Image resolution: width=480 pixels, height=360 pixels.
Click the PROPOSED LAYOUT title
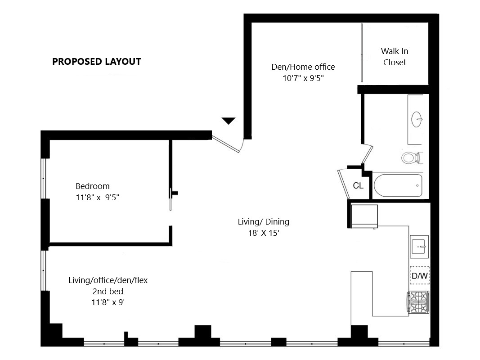[x=97, y=62]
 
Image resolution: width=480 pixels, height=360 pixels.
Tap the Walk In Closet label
[x=395, y=57]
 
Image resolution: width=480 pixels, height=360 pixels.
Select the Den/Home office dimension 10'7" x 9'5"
[x=303, y=77]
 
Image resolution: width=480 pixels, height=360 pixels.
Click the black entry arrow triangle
[x=229, y=121]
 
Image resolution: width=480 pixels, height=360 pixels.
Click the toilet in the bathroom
[x=410, y=157]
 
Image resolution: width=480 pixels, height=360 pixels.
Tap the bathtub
[x=398, y=185]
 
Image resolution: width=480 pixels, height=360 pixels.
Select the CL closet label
[x=358, y=185]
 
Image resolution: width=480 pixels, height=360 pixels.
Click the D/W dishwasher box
[x=419, y=275]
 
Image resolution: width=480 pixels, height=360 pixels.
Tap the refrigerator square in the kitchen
[x=364, y=216]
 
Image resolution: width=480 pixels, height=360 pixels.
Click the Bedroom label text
[x=92, y=186]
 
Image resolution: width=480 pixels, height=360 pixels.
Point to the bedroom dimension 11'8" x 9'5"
[x=97, y=197]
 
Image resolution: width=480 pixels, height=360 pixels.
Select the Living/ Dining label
[x=263, y=221]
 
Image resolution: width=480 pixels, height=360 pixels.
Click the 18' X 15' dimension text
[x=263, y=233]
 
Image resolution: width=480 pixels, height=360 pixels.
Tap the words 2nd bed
[x=108, y=291]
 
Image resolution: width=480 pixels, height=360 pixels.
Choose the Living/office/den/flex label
[x=108, y=280]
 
